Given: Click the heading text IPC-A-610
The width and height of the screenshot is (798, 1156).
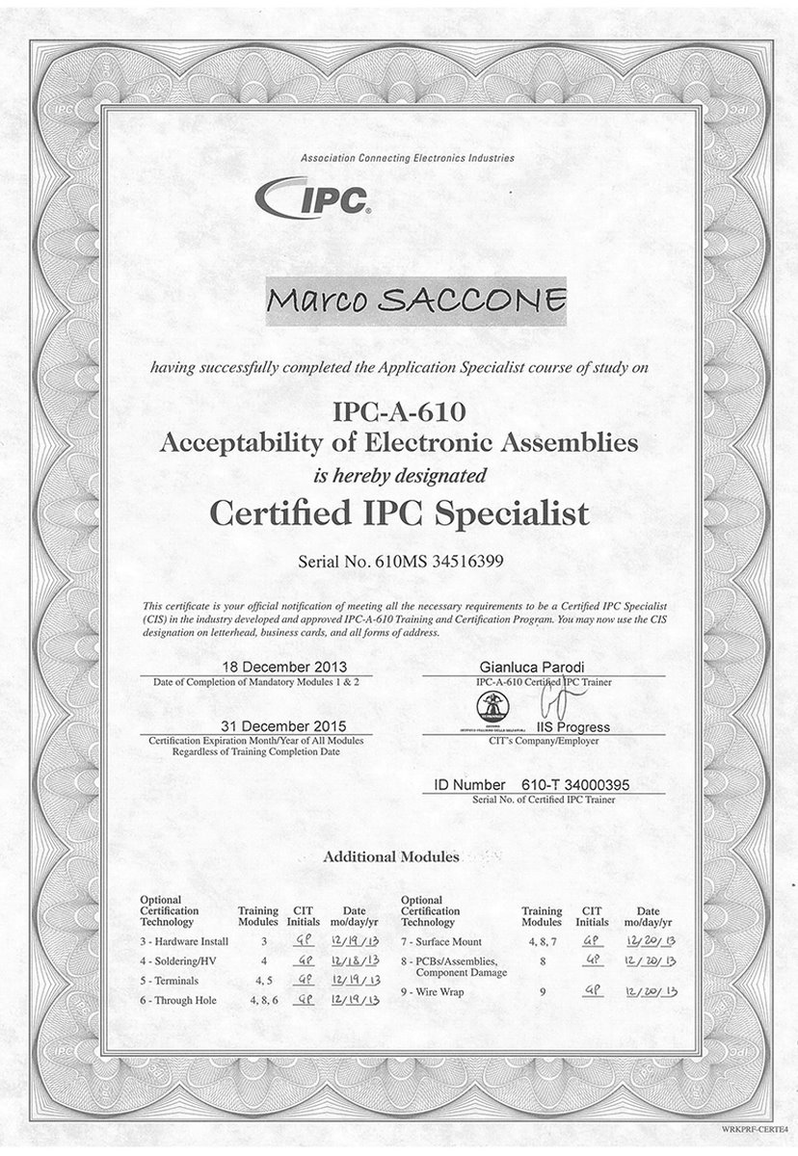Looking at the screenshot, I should click(x=399, y=413).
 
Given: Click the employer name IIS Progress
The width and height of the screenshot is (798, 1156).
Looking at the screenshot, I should click(x=575, y=727).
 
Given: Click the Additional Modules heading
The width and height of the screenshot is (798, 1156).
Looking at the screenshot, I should click(x=391, y=855).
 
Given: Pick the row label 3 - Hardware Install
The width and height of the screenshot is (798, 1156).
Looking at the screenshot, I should click(x=184, y=941).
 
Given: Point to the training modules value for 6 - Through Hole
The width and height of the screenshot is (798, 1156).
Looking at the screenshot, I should click(x=263, y=1000).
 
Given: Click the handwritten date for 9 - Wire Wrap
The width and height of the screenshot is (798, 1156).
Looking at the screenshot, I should click(x=655, y=991).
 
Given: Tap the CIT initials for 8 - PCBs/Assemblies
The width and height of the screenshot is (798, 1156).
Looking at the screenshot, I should click(x=594, y=960).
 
